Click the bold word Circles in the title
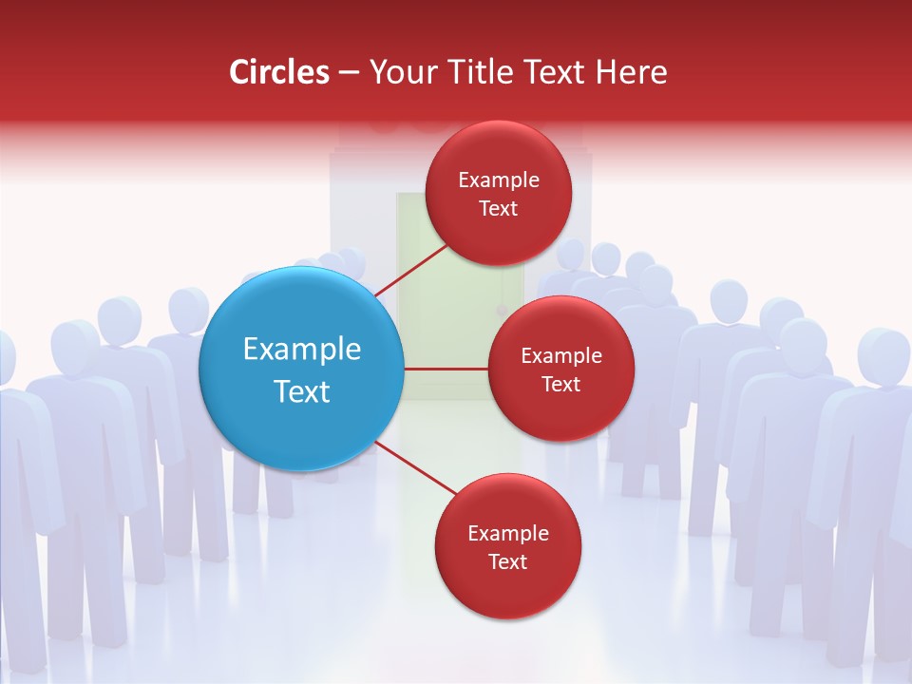point(278,72)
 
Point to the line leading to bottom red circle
point(415,468)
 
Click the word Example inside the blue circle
point(301,350)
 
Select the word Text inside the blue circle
point(301,391)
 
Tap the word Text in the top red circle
point(498,209)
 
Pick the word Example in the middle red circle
point(560,356)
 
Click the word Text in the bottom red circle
point(507,562)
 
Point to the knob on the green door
point(502,309)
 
